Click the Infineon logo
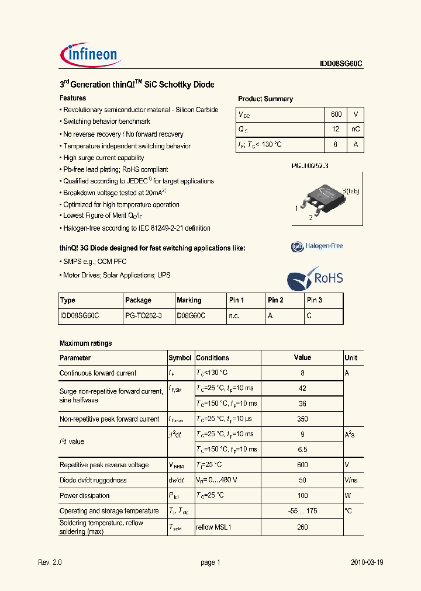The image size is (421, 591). pyautogui.click(x=90, y=54)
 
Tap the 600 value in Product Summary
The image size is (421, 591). pyautogui.click(x=336, y=114)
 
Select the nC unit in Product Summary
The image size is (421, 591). pyautogui.click(x=356, y=129)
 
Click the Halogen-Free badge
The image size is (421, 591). pyautogui.click(x=317, y=246)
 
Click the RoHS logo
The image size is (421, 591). pyautogui.click(x=315, y=278)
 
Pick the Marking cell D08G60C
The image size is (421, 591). pyautogui.click(x=191, y=315)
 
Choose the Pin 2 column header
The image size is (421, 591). pyautogui.click(x=275, y=300)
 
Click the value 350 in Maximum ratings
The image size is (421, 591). pyautogui.click(x=302, y=419)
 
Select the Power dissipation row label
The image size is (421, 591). pyautogui.click(x=85, y=496)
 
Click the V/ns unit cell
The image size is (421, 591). pyautogui.click(x=351, y=480)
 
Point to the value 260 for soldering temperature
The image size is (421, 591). pyautogui.click(x=302, y=527)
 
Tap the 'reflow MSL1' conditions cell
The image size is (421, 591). pyautogui.click(x=214, y=527)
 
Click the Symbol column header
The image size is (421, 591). pyautogui.click(x=180, y=358)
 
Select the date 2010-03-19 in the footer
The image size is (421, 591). pyautogui.click(x=367, y=562)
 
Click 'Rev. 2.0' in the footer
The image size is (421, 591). pyautogui.click(x=50, y=562)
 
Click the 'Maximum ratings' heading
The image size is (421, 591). pyautogui.click(x=85, y=343)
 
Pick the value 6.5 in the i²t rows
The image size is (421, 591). pyautogui.click(x=302, y=450)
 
